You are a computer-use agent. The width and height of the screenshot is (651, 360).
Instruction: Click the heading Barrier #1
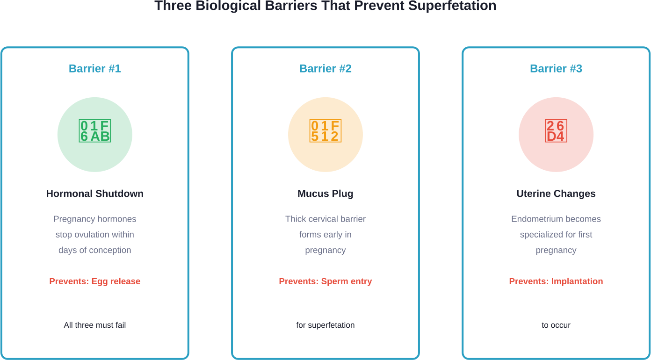click(95, 69)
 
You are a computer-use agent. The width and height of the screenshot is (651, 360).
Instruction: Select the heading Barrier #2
click(325, 69)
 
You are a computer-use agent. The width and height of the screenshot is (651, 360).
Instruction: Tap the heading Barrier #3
click(556, 69)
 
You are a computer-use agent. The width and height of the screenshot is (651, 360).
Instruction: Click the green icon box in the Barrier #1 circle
click(95, 131)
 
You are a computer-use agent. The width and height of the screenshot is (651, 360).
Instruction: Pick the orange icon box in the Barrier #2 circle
click(325, 131)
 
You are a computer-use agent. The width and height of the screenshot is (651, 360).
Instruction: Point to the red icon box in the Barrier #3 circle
click(556, 131)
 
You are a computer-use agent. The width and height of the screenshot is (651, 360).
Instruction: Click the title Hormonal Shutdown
click(95, 194)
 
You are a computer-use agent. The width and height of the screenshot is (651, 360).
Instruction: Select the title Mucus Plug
click(325, 194)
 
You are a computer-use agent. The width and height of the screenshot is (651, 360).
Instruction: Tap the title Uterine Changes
click(556, 194)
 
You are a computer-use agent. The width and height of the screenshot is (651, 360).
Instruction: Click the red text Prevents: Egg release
click(95, 281)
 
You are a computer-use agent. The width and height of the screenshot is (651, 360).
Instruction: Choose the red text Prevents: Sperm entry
click(325, 281)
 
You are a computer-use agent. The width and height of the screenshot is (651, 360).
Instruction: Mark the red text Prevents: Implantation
click(556, 281)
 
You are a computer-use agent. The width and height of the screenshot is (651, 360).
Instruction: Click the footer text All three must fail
click(95, 325)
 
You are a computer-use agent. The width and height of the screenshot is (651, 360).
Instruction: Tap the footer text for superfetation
click(325, 325)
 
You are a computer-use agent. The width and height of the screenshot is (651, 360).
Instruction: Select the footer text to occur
click(556, 325)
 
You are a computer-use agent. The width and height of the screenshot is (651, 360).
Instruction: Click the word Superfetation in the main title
click(452, 6)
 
